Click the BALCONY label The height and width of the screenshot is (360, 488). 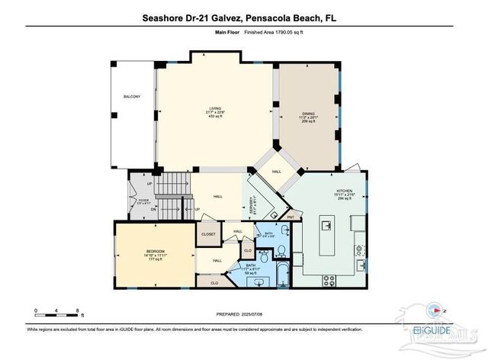point(132,97)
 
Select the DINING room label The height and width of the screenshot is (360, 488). point(308,115)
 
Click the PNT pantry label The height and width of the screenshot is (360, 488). point(291,217)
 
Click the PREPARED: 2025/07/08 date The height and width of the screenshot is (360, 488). point(243,314)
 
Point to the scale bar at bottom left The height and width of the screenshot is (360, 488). point(58,314)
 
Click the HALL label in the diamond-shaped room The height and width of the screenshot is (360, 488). point(276,172)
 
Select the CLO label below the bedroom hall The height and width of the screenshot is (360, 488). point(214,282)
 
